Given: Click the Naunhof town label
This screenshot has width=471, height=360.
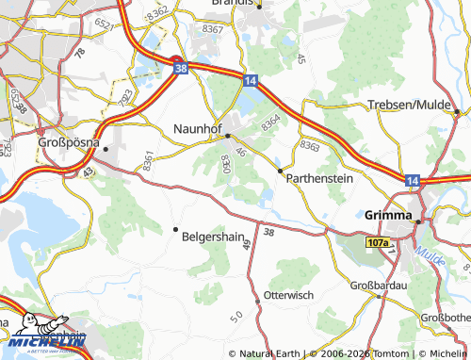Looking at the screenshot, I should (197, 128).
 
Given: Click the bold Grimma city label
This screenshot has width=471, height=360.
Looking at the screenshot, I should (386, 215).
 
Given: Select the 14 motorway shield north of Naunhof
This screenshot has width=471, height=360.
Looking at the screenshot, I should (250, 83).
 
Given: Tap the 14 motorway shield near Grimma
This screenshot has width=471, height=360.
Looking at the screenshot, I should (413, 179).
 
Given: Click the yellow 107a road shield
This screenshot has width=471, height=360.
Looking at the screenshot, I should (378, 242).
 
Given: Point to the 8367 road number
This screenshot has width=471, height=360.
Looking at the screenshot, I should (214, 29).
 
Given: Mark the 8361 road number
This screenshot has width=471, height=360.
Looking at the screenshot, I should (148, 159).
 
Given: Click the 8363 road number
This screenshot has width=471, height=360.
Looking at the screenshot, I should (309, 145).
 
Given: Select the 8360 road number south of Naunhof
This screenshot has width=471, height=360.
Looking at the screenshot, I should (224, 163).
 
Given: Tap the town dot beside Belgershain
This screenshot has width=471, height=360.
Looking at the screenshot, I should (175, 229).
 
